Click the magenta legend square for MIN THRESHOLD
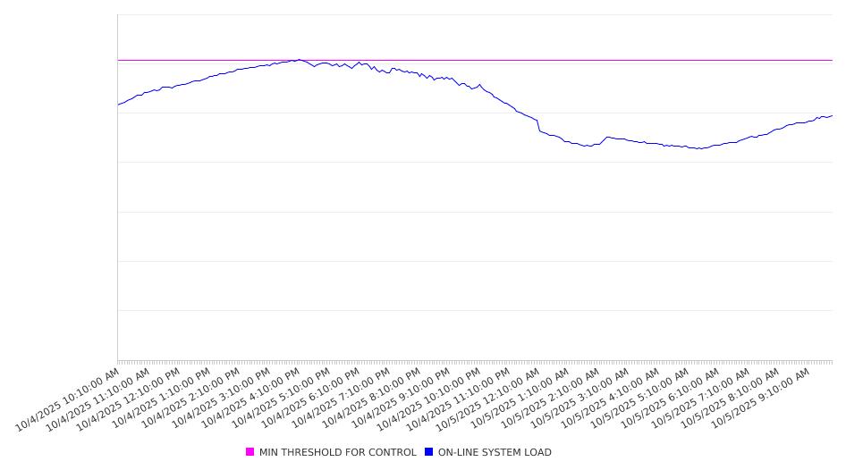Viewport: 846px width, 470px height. coord(250,452)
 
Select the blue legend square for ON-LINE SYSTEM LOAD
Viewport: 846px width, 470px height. coord(428,452)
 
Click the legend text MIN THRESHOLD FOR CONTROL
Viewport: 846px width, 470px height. coord(337,452)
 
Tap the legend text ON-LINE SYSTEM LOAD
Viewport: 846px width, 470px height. coord(495,452)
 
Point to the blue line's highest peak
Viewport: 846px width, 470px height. coord(299,60)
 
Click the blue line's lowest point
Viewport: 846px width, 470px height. coord(700,148)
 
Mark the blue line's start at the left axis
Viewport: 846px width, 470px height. coord(118,105)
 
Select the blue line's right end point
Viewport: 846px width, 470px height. coord(832,115)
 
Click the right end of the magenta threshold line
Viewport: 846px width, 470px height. coord(832,60)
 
